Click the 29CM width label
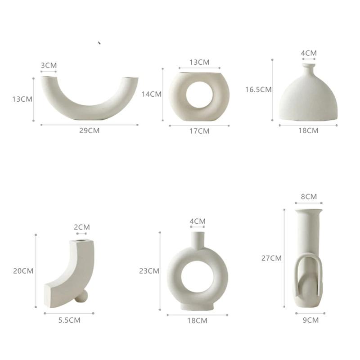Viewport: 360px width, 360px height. click(x=89, y=130)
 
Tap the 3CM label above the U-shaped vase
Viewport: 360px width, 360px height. click(x=49, y=65)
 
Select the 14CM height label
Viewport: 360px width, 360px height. click(x=151, y=94)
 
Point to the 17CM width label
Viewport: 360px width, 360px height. click(x=199, y=131)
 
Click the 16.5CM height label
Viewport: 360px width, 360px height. click(x=258, y=89)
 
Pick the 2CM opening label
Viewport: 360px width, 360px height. click(x=81, y=227)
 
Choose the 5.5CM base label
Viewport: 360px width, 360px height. click(x=69, y=320)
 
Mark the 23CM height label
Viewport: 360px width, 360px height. click(x=149, y=271)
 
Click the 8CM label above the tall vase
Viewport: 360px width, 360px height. click(x=309, y=197)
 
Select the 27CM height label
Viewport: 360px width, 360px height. click(x=271, y=258)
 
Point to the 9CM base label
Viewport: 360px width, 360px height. click(x=310, y=320)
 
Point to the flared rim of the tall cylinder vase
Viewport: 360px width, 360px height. click(x=309, y=210)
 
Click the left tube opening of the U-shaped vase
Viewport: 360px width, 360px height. click(x=48, y=78)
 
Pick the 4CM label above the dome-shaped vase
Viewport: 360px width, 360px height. click(x=309, y=53)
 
